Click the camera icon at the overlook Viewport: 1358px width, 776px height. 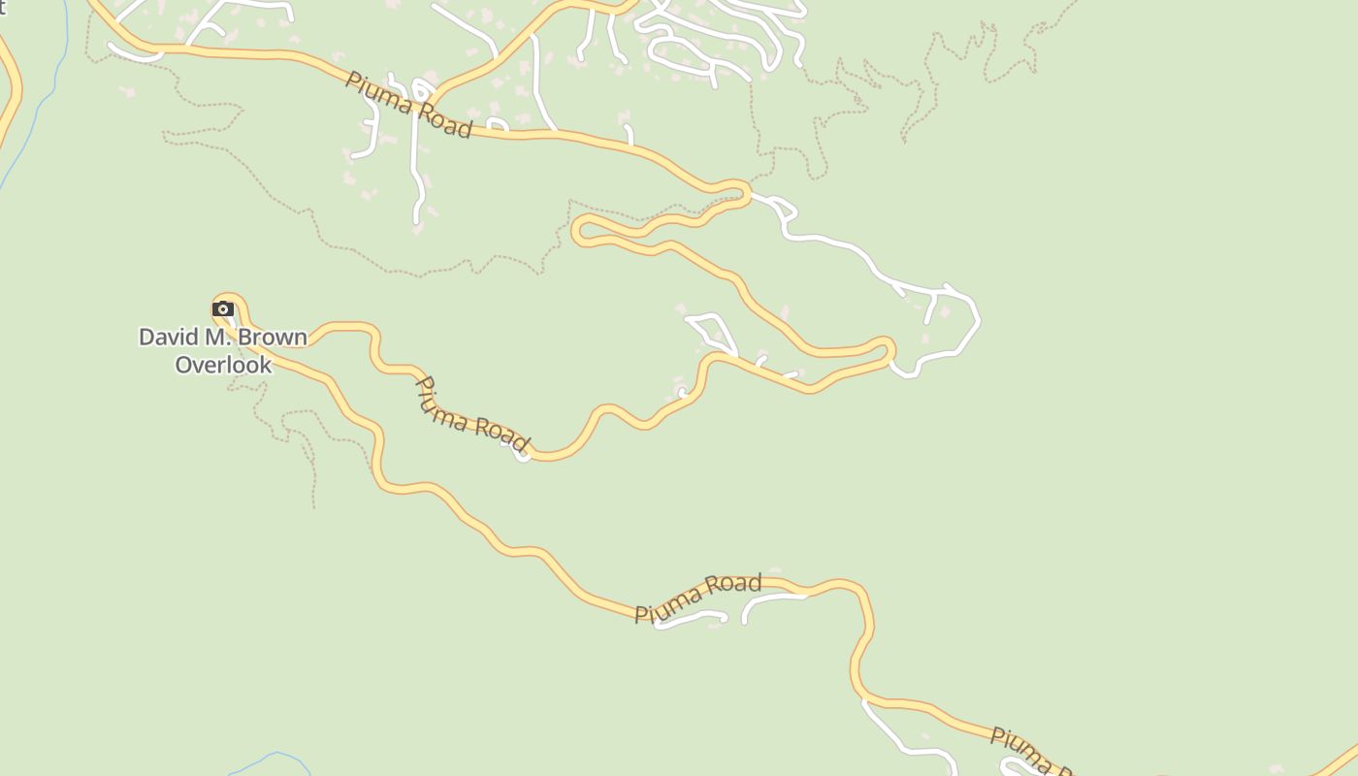click(223, 309)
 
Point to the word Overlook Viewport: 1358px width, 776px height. click(223, 365)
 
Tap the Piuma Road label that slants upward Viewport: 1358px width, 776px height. click(698, 598)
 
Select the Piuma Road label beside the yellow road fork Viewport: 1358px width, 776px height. click(408, 105)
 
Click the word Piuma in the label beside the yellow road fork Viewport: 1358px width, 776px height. click(377, 91)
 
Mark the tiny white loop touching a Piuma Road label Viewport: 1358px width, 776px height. click(523, 454)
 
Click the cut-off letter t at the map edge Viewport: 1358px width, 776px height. click(3, 8)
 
